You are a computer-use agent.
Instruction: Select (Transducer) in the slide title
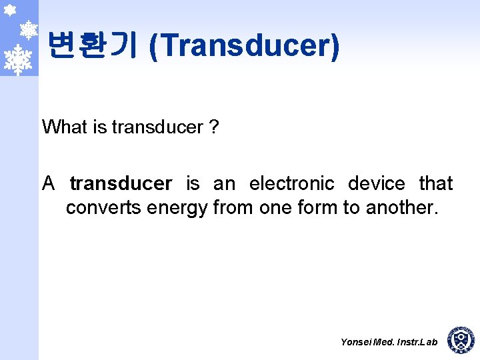245,47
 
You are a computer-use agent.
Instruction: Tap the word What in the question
65,127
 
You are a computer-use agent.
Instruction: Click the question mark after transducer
213,127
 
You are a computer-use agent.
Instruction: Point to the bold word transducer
121,183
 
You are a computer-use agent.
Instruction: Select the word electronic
291,183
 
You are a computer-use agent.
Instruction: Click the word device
376,183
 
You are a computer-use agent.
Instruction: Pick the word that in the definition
436,183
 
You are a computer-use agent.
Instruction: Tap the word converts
103,208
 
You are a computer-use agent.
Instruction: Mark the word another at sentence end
400,208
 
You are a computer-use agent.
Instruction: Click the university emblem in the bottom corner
460,340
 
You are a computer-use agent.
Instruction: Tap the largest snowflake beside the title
18,59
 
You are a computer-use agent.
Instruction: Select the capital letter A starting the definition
49,183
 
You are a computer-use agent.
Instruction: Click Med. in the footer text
384,342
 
